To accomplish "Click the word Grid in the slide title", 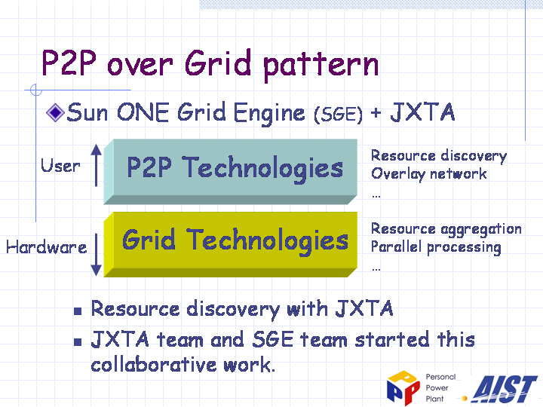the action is pyautogui.click(x=218, y=63).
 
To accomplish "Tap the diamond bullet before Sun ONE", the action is pyautogui.click(x=55, y=112).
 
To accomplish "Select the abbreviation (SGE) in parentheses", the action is pyautogui.click(x=339, y=115).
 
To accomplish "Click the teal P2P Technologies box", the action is pyautogui.click(x=231, y=172).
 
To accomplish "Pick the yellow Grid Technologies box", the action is pyautogui.click(x=231, y=244).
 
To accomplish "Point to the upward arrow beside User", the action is pyautogui.click(x=97, y=165).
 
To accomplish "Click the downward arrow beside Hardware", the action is pyautogui.click(x=97, y=255).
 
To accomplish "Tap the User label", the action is pyautogui.click(x=60, y=165).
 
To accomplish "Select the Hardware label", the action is pyautogui.click(x=47, y=247).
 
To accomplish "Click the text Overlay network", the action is pyautogui.click(x=428, y=174).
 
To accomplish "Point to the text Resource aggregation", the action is pyautogui.click(x=446, y=229).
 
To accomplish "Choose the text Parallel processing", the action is pyautogui.click(x=436, y=247).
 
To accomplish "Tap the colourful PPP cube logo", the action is pyautogui.click(x=403, y=387).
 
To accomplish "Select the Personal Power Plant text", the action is pyautogui.click(x=440, y=387).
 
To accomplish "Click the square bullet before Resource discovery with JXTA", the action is pyautogui.click(x=78, y=311).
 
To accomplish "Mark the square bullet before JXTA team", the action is pyautogui.click(x=78, y=342).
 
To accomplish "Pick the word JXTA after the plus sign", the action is pyautogui.click(x=422, y=112).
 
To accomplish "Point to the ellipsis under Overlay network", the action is pyautogui.click(x=376, y=196).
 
